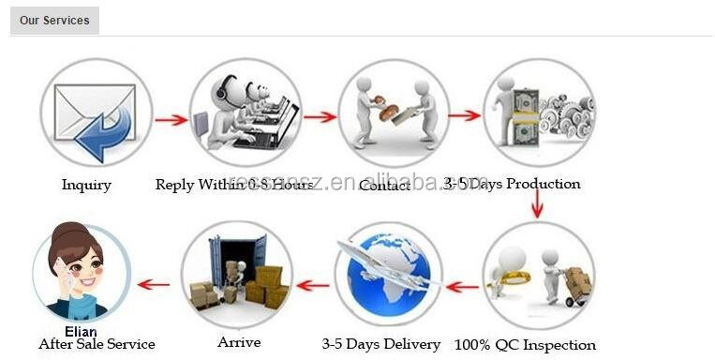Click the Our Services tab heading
pos(53,20)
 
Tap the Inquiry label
pos(86,185)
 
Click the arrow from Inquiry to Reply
pos(171,120)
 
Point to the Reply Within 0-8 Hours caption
pos(233,185)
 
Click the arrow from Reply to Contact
pos(320,117)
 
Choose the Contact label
pos(384,185)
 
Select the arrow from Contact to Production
pos(464,116)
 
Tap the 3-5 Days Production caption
pos(512,184)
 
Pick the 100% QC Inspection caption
pos(525,345)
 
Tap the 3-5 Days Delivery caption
pos(380,344)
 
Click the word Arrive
pos(239,342)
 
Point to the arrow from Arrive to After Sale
pos(154,284)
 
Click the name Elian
pos(81,330)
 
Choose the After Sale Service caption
pos(97,344)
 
